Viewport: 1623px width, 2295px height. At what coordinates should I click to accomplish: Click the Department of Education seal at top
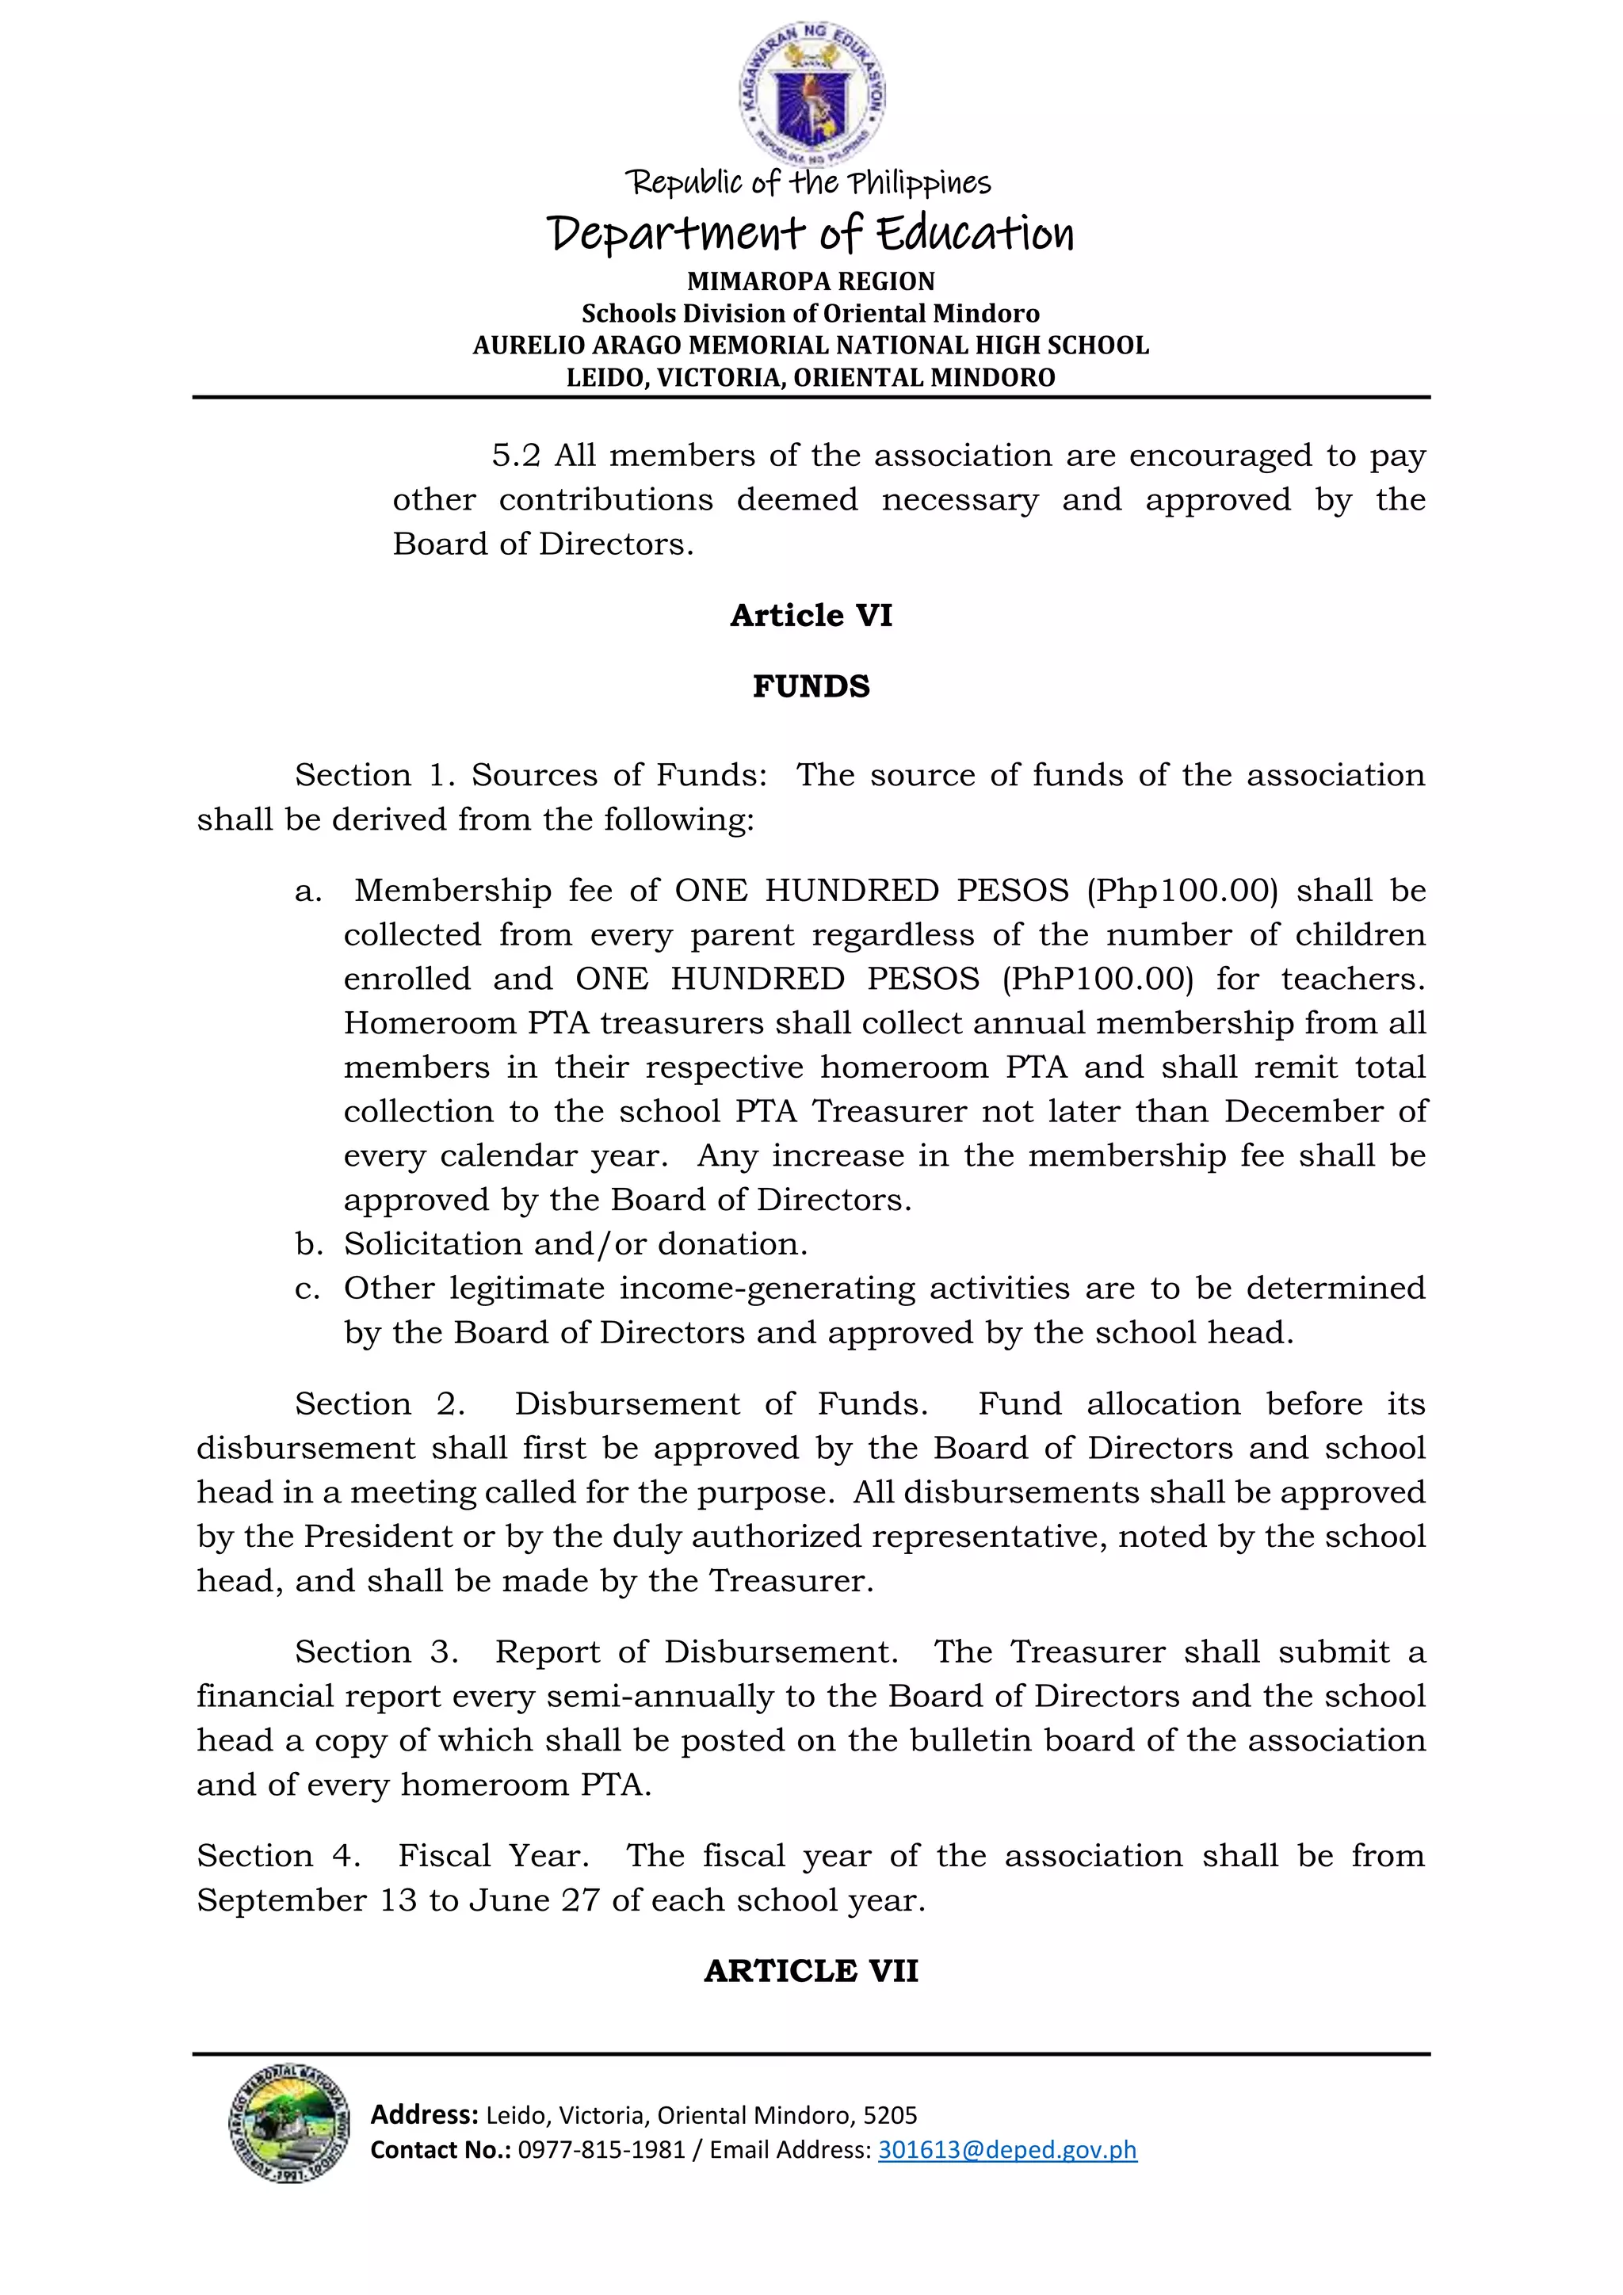(x=811, y=95)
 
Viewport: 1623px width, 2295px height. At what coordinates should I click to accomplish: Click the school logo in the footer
(x=288, y=2123)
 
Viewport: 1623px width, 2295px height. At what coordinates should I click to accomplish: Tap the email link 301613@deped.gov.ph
(x=1006, y=2149)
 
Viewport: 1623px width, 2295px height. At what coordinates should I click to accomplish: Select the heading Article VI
(x=811, y=615)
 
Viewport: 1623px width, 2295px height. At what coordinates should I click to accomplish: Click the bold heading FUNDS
(x=811, y=687)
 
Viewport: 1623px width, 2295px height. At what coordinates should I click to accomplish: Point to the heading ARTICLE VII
(x=811, y=1970)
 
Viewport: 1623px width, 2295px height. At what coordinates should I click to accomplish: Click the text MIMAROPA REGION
(x=811, y=281)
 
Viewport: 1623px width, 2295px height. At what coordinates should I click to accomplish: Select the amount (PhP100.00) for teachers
(x=1098, y=979)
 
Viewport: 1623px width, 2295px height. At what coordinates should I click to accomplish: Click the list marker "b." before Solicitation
(x=309, y=1243)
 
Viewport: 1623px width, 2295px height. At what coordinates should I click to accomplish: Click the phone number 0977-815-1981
(x=601, y=2149)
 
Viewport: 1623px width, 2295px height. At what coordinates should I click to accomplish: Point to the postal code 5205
(x=889, y=2115)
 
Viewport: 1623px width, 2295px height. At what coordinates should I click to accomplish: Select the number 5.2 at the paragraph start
(x=516, y=456)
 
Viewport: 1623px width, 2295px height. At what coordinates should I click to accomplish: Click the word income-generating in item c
(x=766, y=1289)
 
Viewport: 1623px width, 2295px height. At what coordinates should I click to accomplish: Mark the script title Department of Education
(x=811, y=234)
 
